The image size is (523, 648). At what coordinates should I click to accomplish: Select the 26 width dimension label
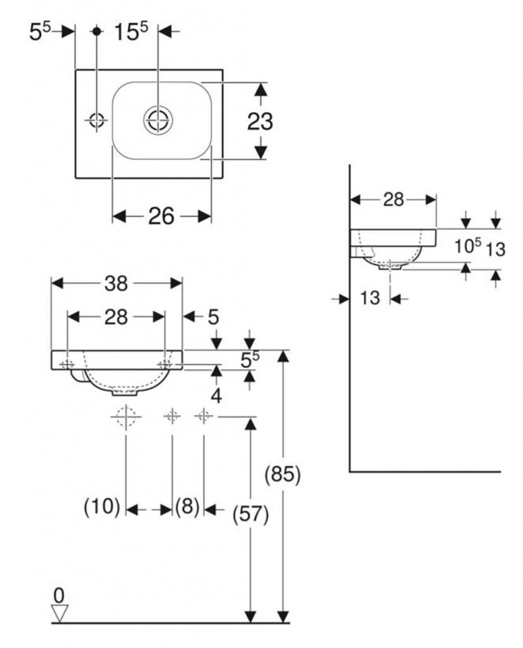[x=161, y=216]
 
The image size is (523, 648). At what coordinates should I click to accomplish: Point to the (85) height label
[x=282, y=475]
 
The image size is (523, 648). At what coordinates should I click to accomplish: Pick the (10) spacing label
[x=102, y=506]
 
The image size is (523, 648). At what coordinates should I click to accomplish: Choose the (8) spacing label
[x=187, y=506]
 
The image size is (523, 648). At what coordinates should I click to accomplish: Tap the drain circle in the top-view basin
[x=157, y=120]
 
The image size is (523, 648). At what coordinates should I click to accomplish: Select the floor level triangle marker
[x=61, y=613]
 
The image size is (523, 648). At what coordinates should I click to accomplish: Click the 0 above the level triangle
[x=59, y=594]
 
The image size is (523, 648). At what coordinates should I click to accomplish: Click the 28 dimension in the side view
[x=393, y=199]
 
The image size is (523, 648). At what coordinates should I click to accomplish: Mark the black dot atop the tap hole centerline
[x=97, y=30]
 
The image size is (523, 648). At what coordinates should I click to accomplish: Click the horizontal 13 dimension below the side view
[x=370, y=297]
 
